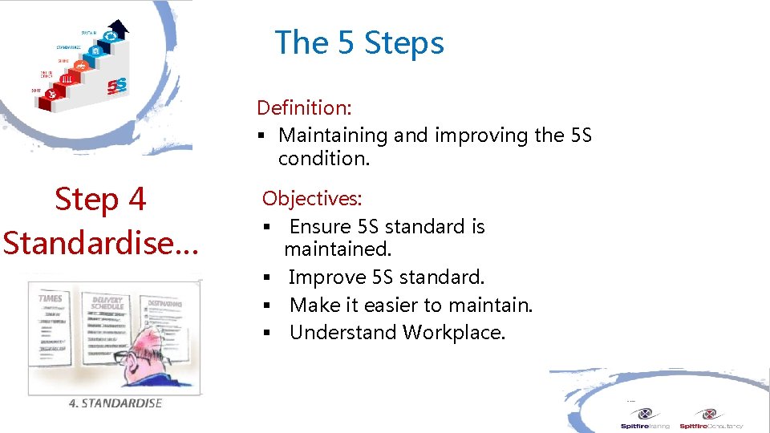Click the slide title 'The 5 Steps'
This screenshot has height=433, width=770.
click(x=359, y=42)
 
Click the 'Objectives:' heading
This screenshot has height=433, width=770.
click(x=312, y=198)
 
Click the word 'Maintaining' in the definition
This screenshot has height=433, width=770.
click(x=333, y=136)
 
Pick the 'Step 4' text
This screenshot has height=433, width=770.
click(x=100, y=199)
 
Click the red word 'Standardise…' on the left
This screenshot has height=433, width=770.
click(x=100, y=241)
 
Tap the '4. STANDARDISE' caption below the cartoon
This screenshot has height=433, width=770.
click(x=115, y=403)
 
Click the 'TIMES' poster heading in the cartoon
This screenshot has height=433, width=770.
click(x=51, y=298)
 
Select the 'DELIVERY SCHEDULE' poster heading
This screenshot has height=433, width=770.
click(x=107, y=302)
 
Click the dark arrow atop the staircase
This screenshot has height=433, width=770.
click(x=119, y=29)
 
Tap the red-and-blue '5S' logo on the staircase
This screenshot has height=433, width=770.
click(x=117, y=83)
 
